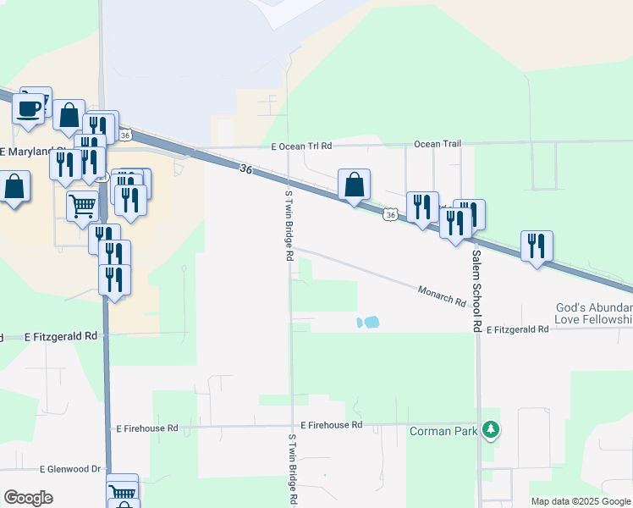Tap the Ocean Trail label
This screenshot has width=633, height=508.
click(x=438, y=144)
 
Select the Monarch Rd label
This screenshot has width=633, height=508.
click(x=443, y=296)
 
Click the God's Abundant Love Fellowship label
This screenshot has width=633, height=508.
click(x=593, y=313)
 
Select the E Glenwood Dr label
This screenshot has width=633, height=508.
click(x=70, y=468)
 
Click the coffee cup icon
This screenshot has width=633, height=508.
click(x=28, y=108)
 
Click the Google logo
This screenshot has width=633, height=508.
click(x=27, y=498)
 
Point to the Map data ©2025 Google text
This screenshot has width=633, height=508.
click(x=581, y=501)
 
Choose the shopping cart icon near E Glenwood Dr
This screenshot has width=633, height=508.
click(x=123, y=492)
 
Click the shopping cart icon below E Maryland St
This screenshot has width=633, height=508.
click(x=82, y=205)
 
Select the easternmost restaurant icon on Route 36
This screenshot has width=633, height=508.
click(x=537, y=246)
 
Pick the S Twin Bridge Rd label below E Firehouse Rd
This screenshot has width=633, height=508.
click(x=292, y=469)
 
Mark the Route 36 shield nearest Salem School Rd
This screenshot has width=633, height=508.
click(x=389, y=215)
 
